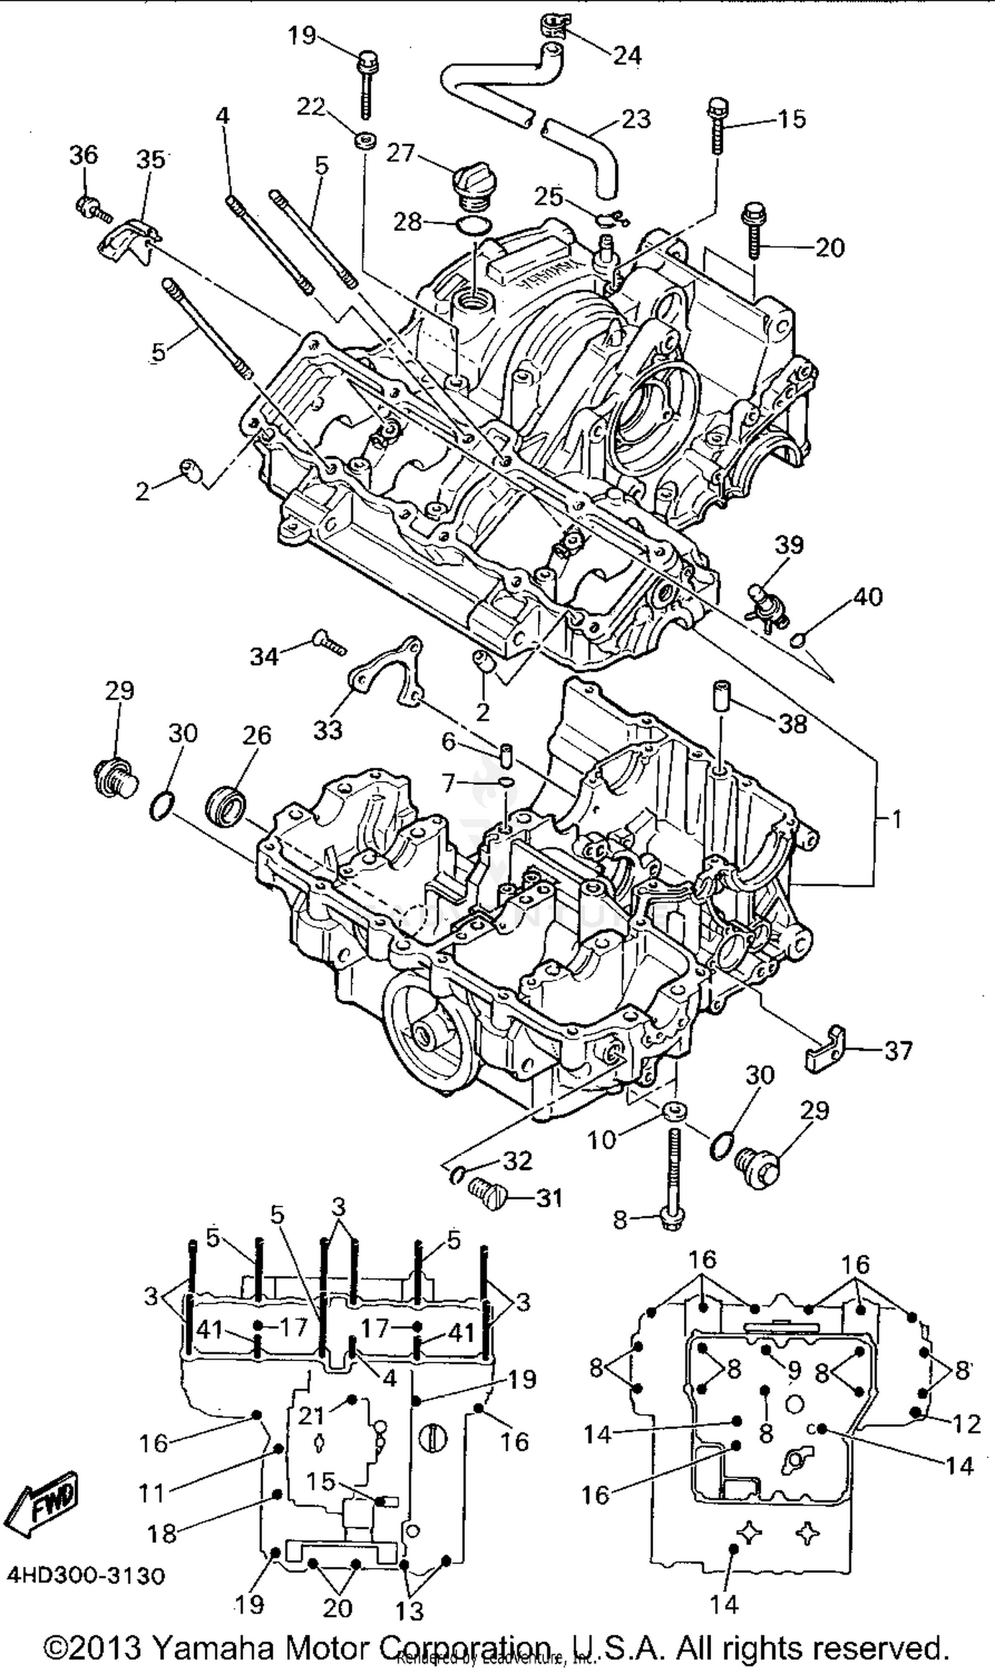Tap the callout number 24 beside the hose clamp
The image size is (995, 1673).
(x=627, y=56)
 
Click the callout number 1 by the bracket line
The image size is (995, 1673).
(x=896, y=820)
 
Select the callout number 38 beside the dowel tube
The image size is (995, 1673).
(x=792, y=723)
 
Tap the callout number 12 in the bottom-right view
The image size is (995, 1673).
(x=966, y=1424)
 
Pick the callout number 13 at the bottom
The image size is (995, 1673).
(x=410, y=1611)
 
